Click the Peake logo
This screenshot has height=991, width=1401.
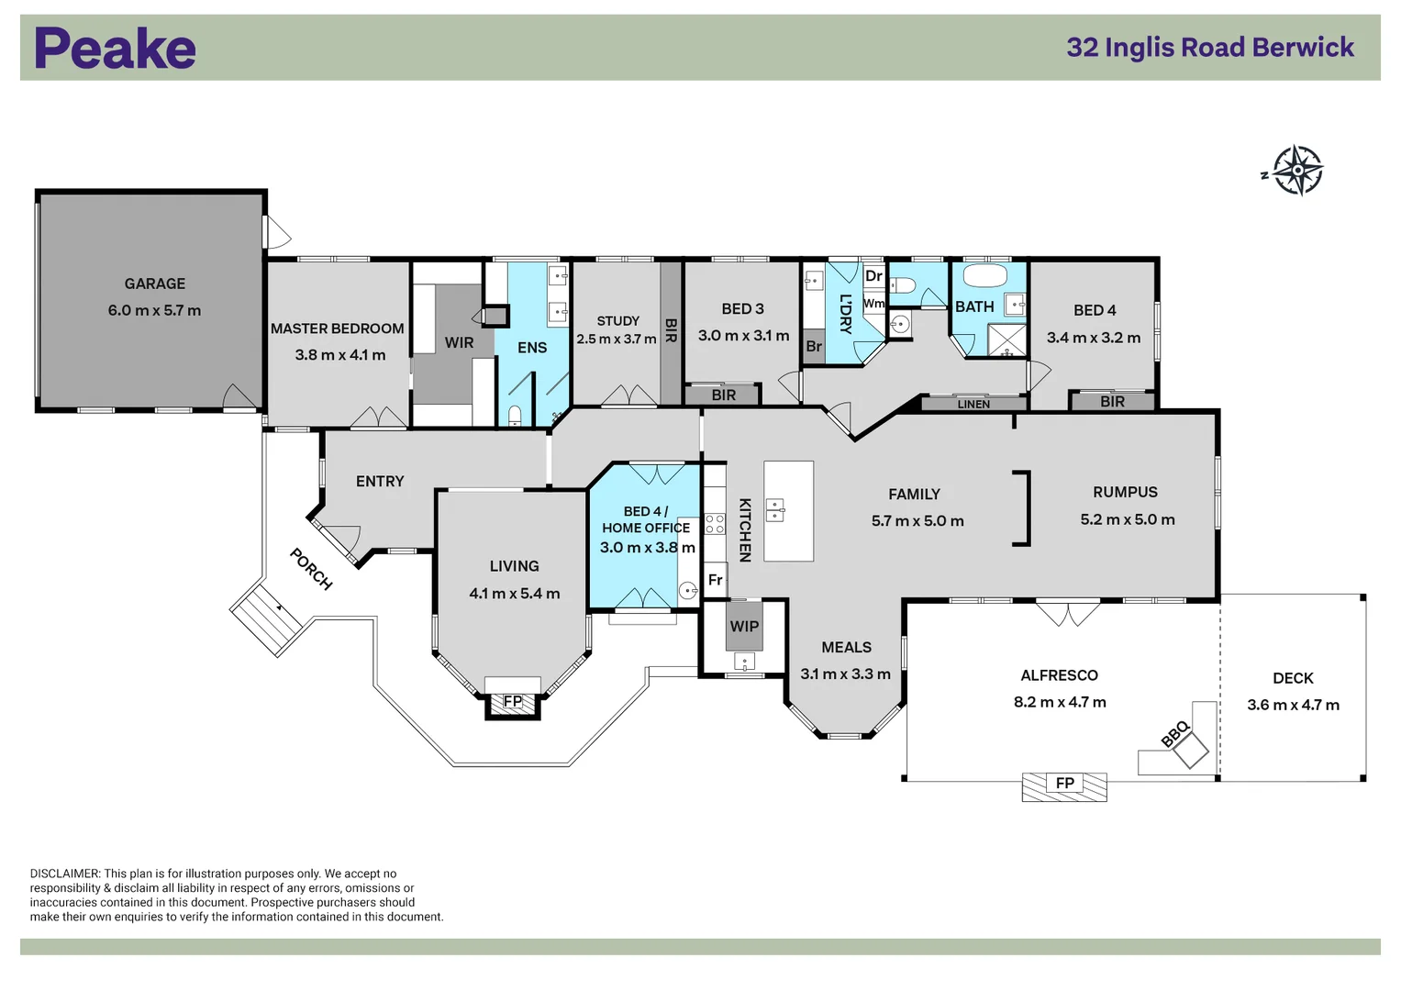(116, 49)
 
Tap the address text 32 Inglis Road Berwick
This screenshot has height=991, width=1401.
(1209, 48)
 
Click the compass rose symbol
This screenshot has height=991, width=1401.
(1296, 171)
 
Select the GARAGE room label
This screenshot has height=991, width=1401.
(155, 284)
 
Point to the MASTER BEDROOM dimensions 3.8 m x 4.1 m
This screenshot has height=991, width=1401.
(339, 355)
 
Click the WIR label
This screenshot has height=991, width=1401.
(459, 343)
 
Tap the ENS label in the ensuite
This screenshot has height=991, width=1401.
(532, 348)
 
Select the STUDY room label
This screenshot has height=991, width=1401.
(617, 321)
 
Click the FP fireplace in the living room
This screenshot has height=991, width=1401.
(513, 702)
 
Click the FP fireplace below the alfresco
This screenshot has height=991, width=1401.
(1064, 785)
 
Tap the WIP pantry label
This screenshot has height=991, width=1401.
(744, 627)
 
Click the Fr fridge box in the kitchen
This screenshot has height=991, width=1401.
(716, 580)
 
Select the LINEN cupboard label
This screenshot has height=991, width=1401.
(973, 404)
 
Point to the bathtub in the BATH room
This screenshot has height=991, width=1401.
(985, 276)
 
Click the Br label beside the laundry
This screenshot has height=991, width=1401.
(814, 347)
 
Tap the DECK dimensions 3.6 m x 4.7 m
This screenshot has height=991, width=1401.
(1293, 706)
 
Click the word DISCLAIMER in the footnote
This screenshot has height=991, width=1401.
(64, 874)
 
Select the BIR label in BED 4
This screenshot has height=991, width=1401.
(1112, 402)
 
